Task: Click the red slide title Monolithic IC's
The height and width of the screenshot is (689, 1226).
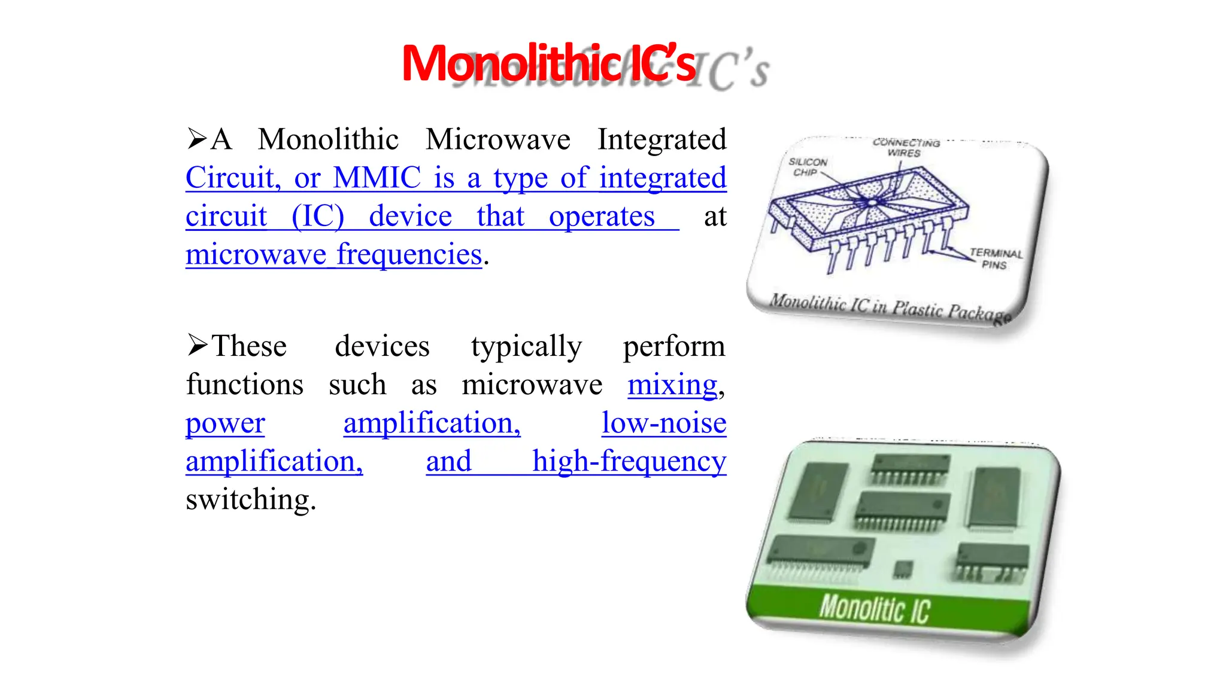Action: (x=548, y=63)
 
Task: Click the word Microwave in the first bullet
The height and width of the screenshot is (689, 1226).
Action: (x=497, y=140)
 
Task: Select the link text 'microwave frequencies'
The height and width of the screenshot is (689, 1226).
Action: (x=333, y=255)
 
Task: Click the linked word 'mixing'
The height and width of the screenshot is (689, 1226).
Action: (x=672, y=385)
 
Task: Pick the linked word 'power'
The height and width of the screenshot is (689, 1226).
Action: (x=225, y=423)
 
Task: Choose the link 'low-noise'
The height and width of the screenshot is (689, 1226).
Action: (x=663, y=423)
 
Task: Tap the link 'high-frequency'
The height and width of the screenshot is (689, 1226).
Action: (x=629, y=462)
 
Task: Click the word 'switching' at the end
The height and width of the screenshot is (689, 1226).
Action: (x=250, y=500)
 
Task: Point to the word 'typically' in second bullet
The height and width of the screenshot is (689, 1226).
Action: (x=526, y=347)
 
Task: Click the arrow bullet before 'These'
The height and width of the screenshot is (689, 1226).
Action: (x=197, y=345)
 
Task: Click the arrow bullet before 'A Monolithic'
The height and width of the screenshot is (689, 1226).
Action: (x=197, y=139)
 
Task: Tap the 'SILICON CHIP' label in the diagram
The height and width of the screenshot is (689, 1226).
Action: (x=807, y=167)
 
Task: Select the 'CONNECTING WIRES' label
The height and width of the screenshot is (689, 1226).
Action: (x=905, y=148)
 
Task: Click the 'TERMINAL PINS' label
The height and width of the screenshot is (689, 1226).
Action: (x=995, y=259)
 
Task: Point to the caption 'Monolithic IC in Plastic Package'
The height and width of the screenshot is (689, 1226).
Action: (x=889, y=307)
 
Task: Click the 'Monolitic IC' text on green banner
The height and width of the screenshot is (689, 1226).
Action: (x=873, y=609)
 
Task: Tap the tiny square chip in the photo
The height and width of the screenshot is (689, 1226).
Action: (x=903, y=569)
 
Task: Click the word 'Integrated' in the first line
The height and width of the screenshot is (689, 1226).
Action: (x=661, y=140)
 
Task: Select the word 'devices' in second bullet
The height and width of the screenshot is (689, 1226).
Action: (x=382, y=347)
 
